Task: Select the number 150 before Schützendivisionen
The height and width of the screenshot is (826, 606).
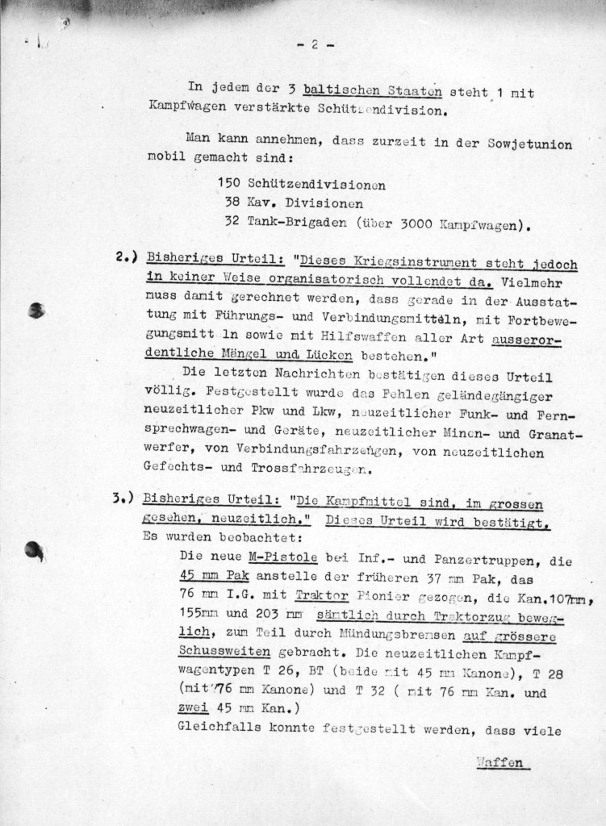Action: [231, 185]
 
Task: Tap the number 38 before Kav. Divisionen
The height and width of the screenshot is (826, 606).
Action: [235, 204]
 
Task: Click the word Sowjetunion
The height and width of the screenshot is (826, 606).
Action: [530, 144]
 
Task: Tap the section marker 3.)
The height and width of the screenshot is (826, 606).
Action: [125, 499]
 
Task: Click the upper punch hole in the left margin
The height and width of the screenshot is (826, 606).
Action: [36, 310]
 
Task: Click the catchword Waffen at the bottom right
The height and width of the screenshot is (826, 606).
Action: [500, 762]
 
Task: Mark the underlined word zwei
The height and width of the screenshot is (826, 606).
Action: [188, 710]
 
